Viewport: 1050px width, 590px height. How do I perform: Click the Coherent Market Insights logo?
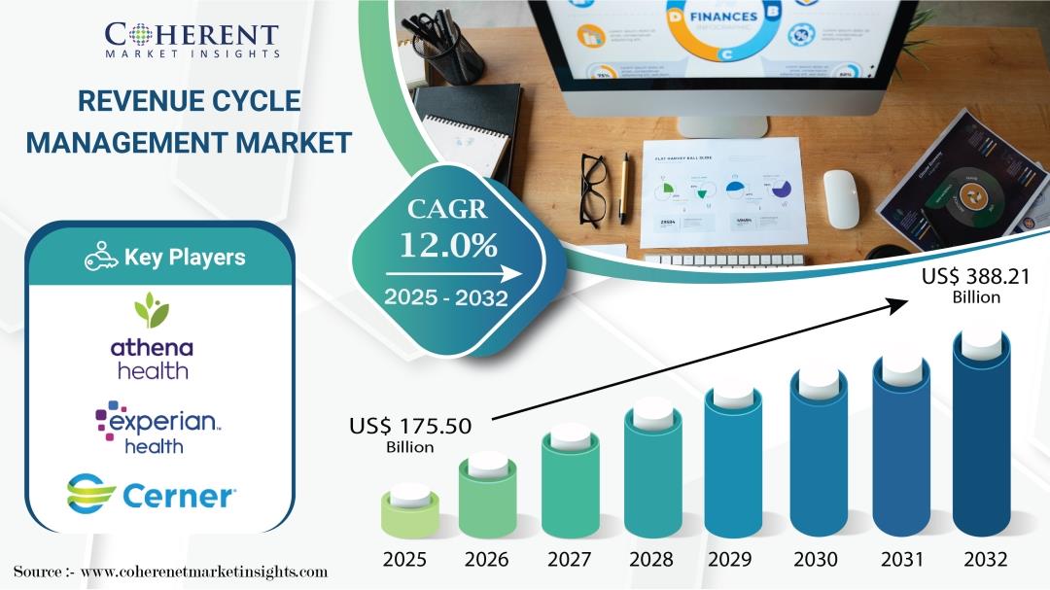(192, 40)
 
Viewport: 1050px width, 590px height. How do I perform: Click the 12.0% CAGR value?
(443, 246)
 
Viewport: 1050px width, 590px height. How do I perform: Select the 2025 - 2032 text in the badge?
(445, 297)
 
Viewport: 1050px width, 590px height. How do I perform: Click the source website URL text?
(203, 572)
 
